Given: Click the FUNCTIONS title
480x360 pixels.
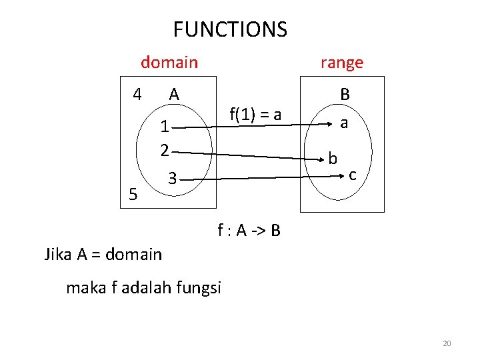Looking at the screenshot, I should tap(230, 29).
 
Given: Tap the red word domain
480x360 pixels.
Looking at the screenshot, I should tap(169, 63).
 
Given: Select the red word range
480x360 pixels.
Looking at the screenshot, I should tap(342, 63).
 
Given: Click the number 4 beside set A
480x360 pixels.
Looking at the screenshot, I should tap(137, 94).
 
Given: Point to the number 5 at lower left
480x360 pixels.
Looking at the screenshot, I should tap(133, 195).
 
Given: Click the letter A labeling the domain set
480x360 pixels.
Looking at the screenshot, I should tap(174, 95).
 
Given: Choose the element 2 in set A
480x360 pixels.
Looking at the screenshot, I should tap(164, 150).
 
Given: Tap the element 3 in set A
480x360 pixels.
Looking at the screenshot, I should tap(172, 179).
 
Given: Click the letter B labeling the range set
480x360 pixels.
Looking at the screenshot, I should tap(345, 95).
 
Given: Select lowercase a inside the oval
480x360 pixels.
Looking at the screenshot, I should tap(344, 123).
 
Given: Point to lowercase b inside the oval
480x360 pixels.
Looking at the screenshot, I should tap(333, 158).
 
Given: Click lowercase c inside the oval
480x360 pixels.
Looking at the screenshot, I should tap(353, 175).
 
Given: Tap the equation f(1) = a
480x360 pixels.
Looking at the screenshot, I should tap(255, 115).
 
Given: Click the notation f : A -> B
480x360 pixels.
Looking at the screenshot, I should tap(249, 231).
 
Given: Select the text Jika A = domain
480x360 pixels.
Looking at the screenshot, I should tap(103, 254).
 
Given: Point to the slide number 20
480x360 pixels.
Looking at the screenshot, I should tap(447, 343).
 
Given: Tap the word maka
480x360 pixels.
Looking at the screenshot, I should tap(86, 288).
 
